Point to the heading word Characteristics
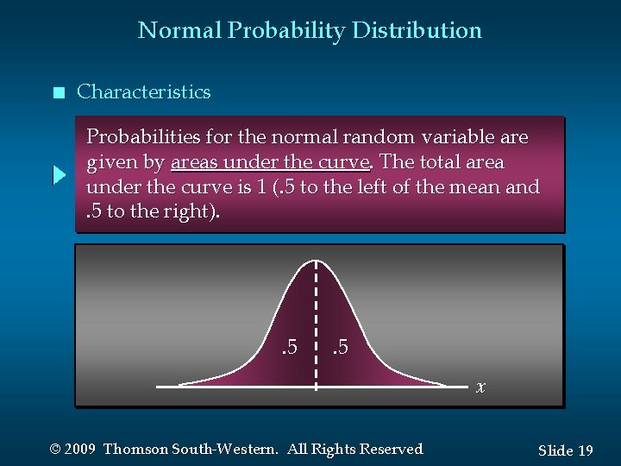143,92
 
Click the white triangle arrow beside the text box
60,175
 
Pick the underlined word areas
197,162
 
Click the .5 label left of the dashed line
289,348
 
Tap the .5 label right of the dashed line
340,348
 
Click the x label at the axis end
481,387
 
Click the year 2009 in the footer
80,449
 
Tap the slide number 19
585,450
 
